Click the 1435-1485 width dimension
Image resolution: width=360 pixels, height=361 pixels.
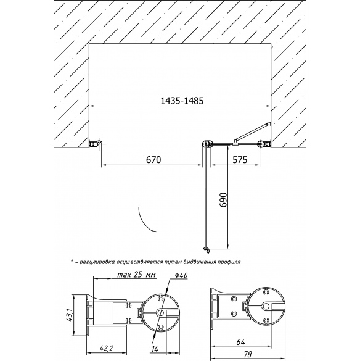182,101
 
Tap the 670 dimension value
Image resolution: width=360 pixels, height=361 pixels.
153,160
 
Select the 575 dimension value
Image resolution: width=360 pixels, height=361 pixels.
240,160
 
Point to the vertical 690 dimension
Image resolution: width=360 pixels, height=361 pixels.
223,199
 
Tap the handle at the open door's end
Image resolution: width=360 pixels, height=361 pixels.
207,251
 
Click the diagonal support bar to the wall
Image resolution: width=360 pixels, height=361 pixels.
252,132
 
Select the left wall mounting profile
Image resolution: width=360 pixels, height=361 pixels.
95,143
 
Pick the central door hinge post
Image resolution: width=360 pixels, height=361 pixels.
207,144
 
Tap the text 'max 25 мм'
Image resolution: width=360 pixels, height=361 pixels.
137,275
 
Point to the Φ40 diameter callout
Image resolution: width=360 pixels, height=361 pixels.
181,275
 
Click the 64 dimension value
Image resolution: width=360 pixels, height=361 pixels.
240,342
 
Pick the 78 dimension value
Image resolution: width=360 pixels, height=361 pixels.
247,354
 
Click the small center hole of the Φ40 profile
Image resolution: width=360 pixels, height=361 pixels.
160,312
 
